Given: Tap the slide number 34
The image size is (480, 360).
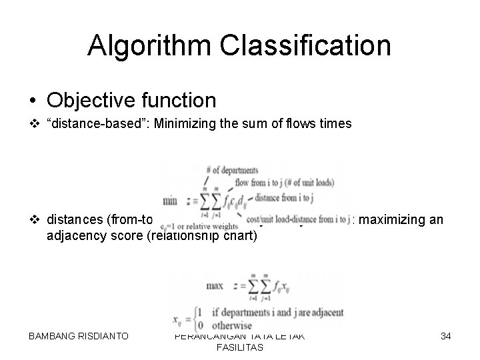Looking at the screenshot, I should pos(446,336).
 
